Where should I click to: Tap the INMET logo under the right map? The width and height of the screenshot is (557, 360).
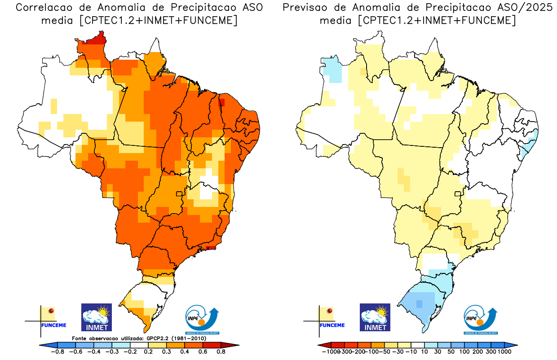click(x=375, y=317)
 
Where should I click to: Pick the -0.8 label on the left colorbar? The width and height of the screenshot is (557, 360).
click(x=58, y=352)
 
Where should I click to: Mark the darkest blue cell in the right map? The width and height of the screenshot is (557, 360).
click(x=419, y=304)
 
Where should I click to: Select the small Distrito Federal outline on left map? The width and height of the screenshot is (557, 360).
click(x=179, y=193)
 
